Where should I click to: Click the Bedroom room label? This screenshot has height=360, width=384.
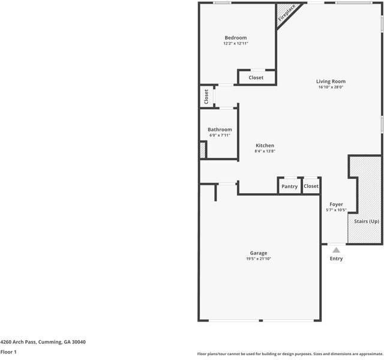tap(236, 38)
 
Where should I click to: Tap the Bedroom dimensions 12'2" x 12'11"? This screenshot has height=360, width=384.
tap(236, 43)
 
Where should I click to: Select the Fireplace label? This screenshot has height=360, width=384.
tap(287, 13)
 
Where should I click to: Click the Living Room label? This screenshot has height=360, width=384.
tap(331, 82)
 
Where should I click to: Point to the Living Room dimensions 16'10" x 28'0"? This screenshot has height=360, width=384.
tap(331, 87)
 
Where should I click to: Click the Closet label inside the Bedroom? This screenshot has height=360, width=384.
tap(256, 77)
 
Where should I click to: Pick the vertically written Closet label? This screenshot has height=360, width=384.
tap(206, 97)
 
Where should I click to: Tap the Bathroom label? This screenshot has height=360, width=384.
tap(220, 130)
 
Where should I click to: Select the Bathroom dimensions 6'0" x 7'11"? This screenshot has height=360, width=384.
tap(220, 135)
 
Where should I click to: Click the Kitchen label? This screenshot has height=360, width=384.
tap(265, 145)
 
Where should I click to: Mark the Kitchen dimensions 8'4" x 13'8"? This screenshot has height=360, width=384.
tap(265, 151)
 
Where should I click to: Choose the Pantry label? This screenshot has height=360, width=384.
tap(289, 187)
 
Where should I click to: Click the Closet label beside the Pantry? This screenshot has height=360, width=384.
tap(311, 186)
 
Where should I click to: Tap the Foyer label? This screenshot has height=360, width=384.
tap(336, 204)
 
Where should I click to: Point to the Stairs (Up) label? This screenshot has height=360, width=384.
tap(367, 221)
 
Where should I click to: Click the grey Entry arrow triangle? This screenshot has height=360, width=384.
tap(336, 250)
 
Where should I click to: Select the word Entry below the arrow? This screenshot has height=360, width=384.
tap(336, 259)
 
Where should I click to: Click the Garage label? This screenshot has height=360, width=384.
tap(259, 253)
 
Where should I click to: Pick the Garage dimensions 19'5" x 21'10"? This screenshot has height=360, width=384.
tap(259, 259)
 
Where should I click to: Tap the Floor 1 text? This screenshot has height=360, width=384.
tap(8, 352)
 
